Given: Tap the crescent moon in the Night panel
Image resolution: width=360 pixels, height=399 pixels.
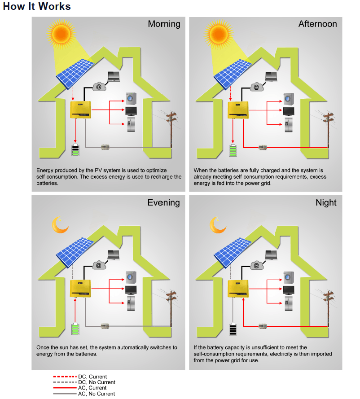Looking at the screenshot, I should [x=218, y=225].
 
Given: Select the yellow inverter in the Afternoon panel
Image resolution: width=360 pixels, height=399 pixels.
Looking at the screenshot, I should [x=238, y=110].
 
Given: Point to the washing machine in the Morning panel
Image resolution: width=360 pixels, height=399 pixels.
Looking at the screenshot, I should [x=131, y=98].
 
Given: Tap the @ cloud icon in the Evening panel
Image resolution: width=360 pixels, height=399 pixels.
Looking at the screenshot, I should [x=99, y=265].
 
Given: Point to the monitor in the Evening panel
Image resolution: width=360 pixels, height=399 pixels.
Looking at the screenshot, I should [x=131, y=289].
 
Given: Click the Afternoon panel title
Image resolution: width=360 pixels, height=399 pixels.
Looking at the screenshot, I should [x=317, y=24].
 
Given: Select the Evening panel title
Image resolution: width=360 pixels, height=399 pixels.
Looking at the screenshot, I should [x=163, y=203].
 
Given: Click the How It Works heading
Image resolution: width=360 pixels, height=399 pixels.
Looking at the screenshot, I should [x=37, y=7].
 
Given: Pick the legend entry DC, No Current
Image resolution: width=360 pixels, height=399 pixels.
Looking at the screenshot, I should [x=97, y=382].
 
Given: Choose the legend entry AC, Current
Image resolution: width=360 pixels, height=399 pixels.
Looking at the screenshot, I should [x=92, y=388].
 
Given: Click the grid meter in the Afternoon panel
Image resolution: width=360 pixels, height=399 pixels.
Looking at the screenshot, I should [x=263, y=147].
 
